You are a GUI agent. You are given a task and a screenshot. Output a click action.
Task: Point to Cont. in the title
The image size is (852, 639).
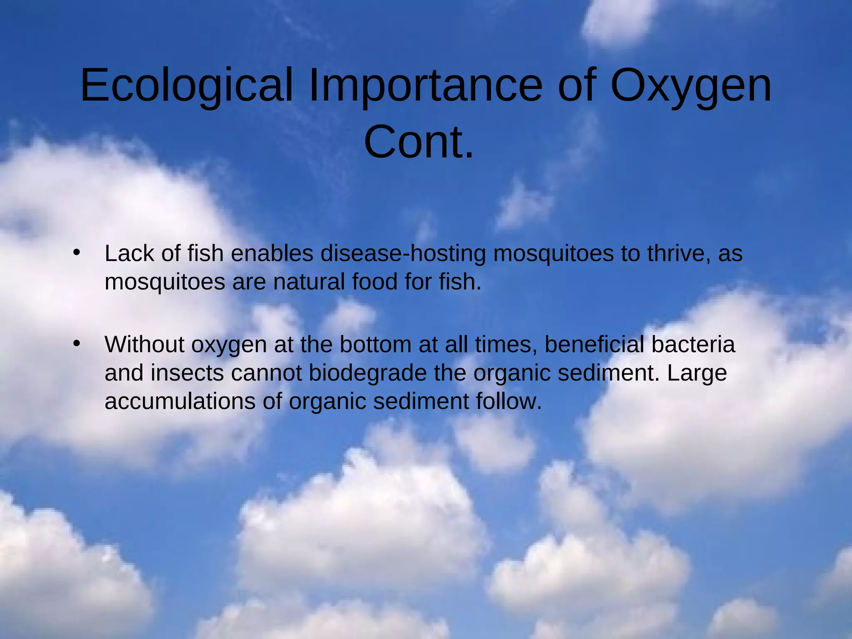[419, 142]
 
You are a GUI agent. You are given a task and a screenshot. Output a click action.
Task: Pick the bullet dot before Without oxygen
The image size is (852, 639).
[76, 344]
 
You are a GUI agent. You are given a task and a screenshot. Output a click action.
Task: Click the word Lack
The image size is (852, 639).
[129, 253]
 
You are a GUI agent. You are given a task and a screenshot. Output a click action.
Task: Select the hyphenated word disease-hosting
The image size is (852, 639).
[403, 253]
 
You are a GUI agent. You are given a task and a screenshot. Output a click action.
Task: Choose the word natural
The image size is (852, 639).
[309, 282]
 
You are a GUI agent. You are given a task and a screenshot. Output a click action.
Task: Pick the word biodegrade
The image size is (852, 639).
[367, 373]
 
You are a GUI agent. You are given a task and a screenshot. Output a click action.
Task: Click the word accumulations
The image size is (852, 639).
[180, 401]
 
